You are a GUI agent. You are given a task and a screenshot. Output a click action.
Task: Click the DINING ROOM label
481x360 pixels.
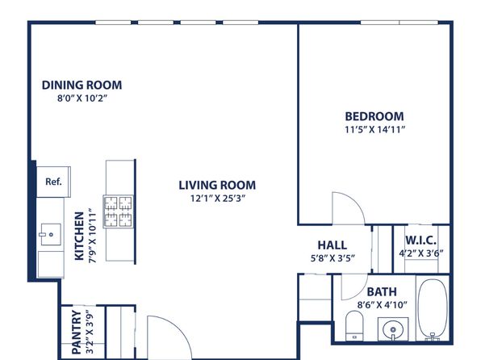[82, 85]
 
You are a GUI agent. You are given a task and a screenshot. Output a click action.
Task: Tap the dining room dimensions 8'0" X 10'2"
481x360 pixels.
[82, 98]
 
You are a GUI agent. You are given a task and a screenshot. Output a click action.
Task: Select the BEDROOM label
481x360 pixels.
[374, 116]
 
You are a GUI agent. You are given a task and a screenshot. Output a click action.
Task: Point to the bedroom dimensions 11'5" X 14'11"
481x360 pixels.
[374, 129]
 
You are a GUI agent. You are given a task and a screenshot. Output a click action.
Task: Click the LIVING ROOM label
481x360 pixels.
[217, 185]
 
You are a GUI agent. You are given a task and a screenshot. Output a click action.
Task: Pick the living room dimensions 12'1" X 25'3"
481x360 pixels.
[218, 199]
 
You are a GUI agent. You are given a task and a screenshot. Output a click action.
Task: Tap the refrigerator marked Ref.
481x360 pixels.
[54, 182]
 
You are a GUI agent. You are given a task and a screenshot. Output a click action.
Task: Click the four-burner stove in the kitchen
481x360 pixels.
[119, 211]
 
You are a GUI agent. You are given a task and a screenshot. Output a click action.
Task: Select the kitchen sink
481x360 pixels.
[51, 234]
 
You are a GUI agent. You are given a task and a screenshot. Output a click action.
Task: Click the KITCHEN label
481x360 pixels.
[79, 236]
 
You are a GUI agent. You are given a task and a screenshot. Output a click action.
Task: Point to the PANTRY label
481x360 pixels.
[77, 333]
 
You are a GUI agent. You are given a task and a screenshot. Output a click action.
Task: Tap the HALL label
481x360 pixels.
[333, 245]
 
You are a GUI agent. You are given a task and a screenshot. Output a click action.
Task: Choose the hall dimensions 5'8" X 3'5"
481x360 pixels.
[333, 258]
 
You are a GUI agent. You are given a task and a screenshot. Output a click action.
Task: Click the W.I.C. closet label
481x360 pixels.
[421, 241]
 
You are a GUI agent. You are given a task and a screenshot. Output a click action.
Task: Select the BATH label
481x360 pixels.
[382, 291]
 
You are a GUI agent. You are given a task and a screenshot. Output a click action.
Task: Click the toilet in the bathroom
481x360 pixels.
[354, 325]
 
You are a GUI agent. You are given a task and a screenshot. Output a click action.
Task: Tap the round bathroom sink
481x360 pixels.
[393, 329]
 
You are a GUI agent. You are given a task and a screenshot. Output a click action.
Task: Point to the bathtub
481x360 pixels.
[433, 309]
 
